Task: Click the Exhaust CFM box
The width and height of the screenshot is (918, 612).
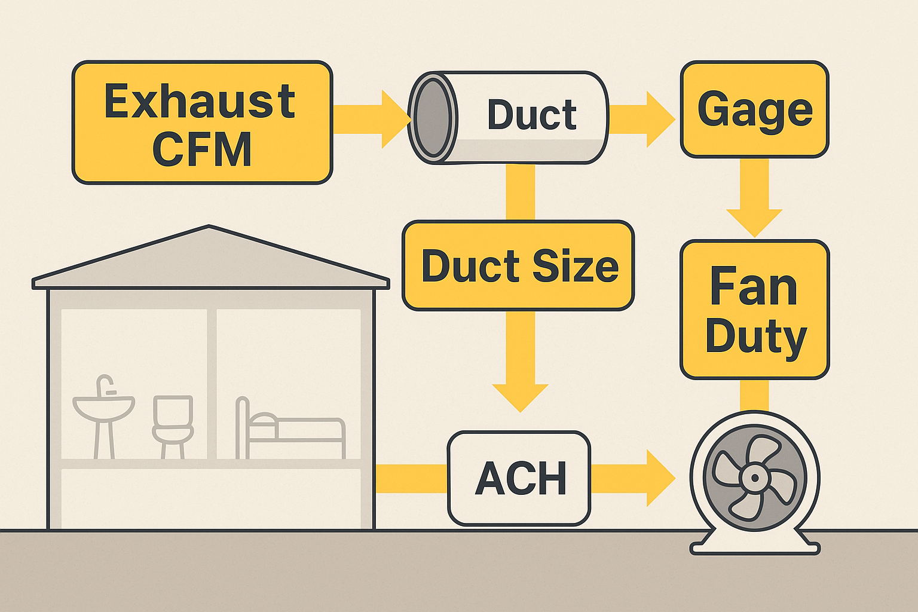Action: click(202, 123)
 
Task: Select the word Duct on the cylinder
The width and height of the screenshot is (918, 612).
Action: click(531, 115)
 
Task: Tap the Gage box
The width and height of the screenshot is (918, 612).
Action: click(754, 109)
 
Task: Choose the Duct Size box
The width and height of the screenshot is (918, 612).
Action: click(518, 266)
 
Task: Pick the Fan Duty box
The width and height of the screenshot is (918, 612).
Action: click(754, 310)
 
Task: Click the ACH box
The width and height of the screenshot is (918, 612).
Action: click(519, 478)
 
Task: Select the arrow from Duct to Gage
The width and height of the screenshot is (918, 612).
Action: click(642, 119)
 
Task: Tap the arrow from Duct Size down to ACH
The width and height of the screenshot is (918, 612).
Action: click(520, 365)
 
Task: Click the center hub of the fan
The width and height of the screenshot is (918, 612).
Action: click(754, 478)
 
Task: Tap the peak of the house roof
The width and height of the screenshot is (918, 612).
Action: click(209, 228)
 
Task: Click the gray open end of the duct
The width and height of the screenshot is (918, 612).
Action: click(433, 117)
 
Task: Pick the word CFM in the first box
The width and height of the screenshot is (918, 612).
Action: click(202, 149)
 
